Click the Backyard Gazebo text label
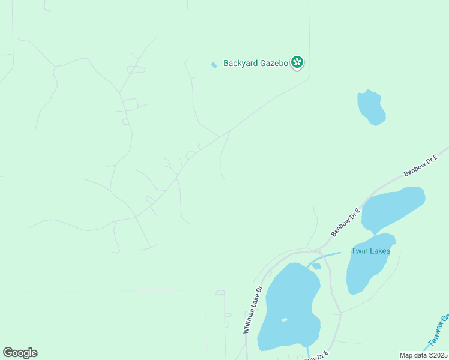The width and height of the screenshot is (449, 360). tap(256, 63)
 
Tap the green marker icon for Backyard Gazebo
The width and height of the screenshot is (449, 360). tap(297, 62)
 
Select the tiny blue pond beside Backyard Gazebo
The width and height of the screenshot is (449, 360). tap(214, 65)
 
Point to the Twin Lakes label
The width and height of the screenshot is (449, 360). tap(370, 251)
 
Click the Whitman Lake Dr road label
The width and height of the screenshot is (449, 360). tap(253, 309)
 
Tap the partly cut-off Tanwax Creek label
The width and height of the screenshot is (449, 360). tap(439, 331)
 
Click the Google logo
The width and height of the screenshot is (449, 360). tap(20, 353)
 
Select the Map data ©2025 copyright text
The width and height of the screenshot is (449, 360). tap(423, 355)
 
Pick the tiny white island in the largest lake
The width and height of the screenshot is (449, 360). tap(284, 320)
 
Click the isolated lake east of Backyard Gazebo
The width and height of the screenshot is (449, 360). tap(371, 108)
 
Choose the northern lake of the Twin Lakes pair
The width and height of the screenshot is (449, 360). tap(393, 209)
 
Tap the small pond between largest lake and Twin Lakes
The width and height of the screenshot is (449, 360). tap(316, 266)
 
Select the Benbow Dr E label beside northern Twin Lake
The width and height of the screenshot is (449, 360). tap(345, 222)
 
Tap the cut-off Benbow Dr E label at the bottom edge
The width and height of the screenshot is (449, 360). tap(315, 356)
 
